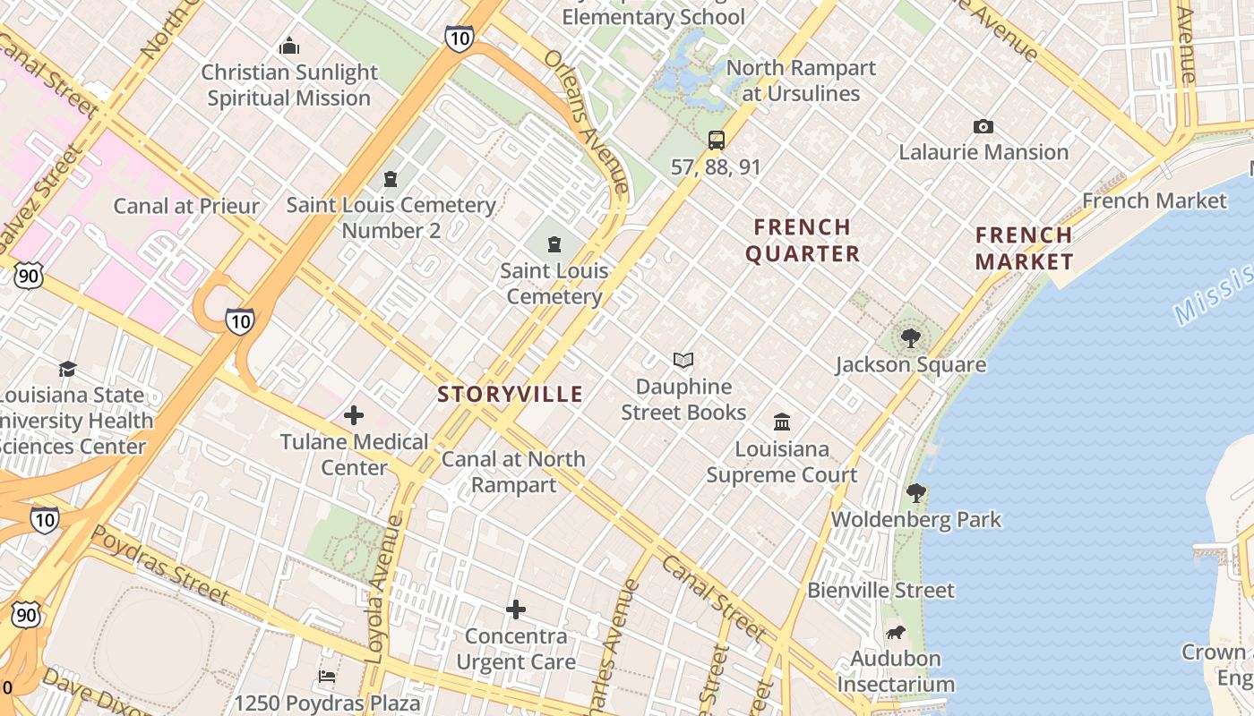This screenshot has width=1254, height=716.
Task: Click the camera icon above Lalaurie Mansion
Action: click(x=983, y=127)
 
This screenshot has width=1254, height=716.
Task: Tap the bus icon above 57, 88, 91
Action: click(x=716, y=140)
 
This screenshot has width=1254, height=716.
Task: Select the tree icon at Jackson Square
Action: click(x=911, y=338)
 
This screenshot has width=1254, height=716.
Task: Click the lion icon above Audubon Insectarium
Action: click(x=895, y=633)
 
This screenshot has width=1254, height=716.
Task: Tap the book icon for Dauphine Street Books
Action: click(x=683, y=361)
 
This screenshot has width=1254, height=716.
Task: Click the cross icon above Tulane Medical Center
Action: click(x=354, y=415)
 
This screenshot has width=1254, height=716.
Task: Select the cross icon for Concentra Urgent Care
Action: click(x=515, y=610)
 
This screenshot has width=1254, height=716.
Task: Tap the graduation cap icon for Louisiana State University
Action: click(x=67, y=369)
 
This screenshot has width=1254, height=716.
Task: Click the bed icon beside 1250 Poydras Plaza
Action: click(x=327, y=677)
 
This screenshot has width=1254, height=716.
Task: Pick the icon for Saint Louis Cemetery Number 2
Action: click(x=391, y=180)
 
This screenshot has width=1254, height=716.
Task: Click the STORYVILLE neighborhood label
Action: click(x=510, y=394)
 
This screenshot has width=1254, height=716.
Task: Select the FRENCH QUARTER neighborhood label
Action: click(x=802, y=240)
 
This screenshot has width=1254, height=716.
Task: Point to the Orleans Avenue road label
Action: click(x=588, y=120)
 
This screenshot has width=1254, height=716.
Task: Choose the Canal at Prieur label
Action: click(x=185, y=206)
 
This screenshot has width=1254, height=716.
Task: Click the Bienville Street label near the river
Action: click(x=880, y=591)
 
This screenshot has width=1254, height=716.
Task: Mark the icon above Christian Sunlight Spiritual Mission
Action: click(x=288, y=46)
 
